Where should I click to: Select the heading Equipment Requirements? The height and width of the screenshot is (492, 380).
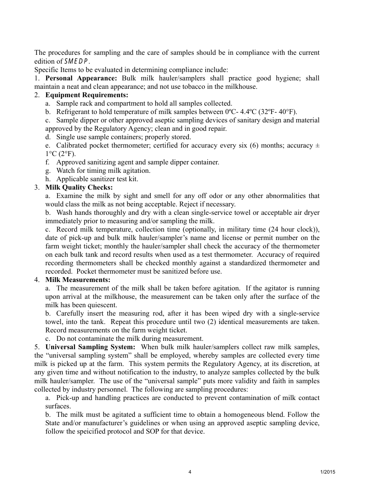pos(87,95)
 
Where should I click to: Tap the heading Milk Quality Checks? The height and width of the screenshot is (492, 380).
pos(79,187)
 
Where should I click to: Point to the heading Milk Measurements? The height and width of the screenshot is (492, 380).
pos(78,280)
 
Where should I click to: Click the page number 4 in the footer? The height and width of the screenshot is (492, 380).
pos(190,472)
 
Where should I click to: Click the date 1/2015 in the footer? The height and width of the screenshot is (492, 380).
pos(328,472)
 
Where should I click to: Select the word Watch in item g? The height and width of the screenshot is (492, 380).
pos(65,170)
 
